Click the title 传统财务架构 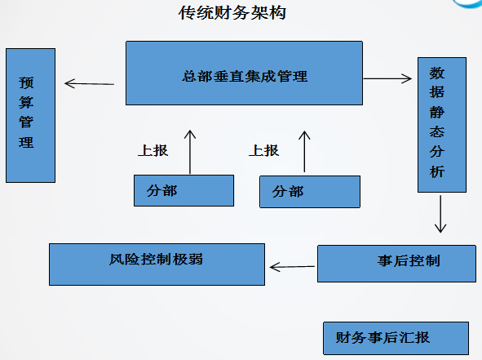coord(232,14)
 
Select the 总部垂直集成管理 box coord(244,73)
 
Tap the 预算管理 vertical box coord(30,115)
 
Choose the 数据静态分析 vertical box coord(441,124)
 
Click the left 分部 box coord(184,190)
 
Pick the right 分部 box coord(310,191)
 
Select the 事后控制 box coord(396,263)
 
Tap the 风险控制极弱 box coord(157,264)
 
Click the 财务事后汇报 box coord(396,337)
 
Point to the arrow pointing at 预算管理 coord(89,82)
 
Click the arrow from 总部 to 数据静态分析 coord(387,78)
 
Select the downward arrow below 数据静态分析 coord(441,215)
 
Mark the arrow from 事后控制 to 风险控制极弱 coord(292,266)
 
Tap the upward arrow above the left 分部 coord(190,150)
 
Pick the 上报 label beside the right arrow coord(263,150)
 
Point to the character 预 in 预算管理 coord(26,82)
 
